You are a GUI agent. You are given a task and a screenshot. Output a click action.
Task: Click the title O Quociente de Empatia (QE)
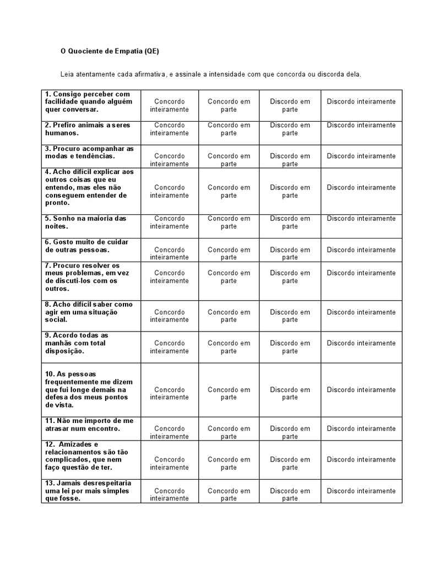pos(110,51)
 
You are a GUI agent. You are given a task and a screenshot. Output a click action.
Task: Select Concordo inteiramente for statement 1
pos(169,105)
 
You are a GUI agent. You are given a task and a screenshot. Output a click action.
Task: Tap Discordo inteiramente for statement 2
pos(361,125)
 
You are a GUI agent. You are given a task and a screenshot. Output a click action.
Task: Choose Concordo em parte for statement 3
pos(229,160)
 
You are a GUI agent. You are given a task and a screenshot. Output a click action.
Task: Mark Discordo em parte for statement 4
pos(290,191)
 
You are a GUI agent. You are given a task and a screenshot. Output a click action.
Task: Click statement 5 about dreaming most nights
pos(86,222)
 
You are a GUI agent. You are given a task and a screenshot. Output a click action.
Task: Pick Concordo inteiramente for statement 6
pos(169,253)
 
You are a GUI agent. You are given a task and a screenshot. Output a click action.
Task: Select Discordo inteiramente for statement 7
pos(361,273)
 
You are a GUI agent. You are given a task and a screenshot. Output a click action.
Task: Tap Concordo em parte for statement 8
pos(229,316)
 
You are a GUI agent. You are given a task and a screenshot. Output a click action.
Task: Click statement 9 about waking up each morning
pos(77,343)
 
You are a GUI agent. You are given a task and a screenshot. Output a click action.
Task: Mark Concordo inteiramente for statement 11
pos(169,432)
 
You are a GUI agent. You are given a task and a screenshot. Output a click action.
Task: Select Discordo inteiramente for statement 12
pos(361,459)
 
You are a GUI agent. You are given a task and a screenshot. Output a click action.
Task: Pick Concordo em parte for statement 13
pos(229,495)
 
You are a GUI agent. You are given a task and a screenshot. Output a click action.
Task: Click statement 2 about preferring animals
pos(88,129)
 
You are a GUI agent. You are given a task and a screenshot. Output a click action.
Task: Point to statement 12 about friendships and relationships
pos(82,455)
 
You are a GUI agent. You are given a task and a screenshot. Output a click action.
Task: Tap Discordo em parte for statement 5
pos(290,222)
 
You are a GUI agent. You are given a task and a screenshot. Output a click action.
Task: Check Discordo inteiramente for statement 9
pos(361,343)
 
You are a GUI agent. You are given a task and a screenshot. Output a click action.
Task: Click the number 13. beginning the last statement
pos(50,483)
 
